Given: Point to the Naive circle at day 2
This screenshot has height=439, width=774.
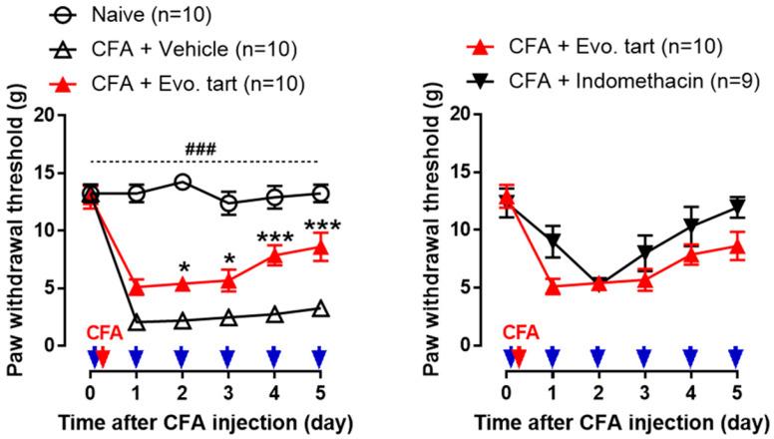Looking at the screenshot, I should click(182, 182).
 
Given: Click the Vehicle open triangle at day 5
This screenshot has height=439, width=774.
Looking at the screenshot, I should click(319, 308).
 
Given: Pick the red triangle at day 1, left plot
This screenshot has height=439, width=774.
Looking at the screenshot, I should click(137, 287).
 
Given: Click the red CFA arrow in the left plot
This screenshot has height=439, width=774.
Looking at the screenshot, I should click(103, 357).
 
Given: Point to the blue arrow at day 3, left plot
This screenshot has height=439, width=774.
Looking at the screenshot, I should click(227, 357).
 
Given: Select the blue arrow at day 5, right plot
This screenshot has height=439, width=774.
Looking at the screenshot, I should click(736, 357).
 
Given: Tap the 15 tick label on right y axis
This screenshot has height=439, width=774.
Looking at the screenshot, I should click(485, 172).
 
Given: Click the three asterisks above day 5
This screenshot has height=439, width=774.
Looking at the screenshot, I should click(322, 225).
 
